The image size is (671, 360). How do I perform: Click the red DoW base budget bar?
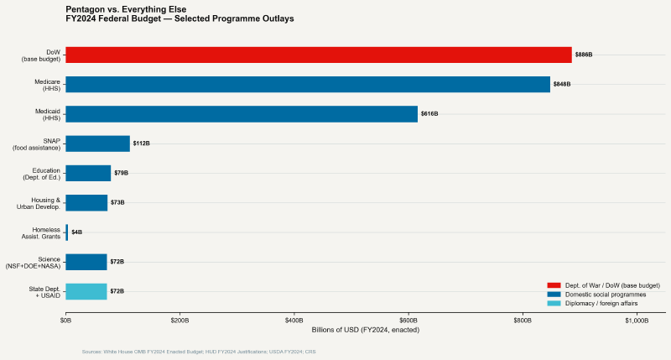[x=319, y=55]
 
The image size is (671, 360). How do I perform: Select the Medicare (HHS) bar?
[x=308, y=84]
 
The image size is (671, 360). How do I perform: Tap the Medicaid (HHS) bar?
[x=242, y=114]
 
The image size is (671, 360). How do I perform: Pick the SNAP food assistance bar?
[x=97, y=143]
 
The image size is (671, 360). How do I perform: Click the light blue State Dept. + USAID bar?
[x=86, y=291]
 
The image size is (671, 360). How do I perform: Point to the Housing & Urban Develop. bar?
[x=86, y=202]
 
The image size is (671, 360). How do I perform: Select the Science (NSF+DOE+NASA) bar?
[x=86, y=262]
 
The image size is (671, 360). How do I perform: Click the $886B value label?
[x=584, y=55]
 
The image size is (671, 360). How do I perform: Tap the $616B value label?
[x=429, y=114]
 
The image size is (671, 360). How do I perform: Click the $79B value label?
[x=121, y=173]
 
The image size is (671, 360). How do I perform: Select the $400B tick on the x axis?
[x=294, y=321]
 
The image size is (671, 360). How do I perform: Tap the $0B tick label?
[x=65, y=321]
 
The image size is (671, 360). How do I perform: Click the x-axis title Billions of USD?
[x=365, y=330]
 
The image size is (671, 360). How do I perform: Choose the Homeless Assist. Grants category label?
[x=40, y=232]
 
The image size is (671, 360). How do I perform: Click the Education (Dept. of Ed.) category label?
[x=39, y=173]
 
